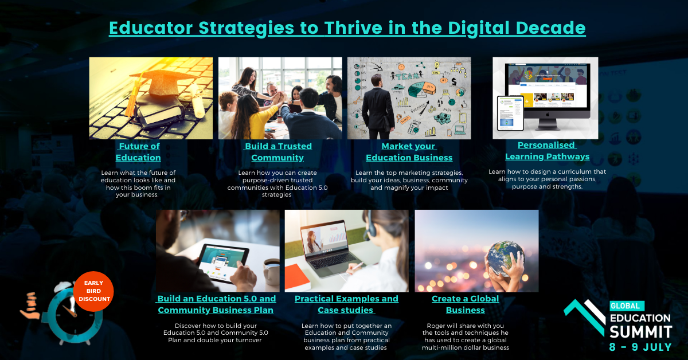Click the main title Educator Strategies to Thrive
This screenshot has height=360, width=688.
347,28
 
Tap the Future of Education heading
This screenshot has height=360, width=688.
139,152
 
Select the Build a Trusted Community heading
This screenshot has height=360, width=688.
278,152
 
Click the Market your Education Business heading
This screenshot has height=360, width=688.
409,152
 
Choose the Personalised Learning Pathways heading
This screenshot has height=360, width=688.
548,151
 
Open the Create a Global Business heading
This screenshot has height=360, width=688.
466,304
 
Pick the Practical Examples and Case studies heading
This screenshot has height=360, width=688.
346,304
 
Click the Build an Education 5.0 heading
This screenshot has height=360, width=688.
217,304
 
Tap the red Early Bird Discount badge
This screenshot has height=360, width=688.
93,291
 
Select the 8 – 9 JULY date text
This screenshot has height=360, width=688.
640,347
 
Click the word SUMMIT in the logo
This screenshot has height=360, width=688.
641,332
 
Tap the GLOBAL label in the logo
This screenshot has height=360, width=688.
626,306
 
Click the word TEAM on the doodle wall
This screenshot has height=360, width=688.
408,76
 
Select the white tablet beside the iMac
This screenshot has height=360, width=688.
510,113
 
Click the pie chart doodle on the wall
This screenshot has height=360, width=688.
422,89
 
